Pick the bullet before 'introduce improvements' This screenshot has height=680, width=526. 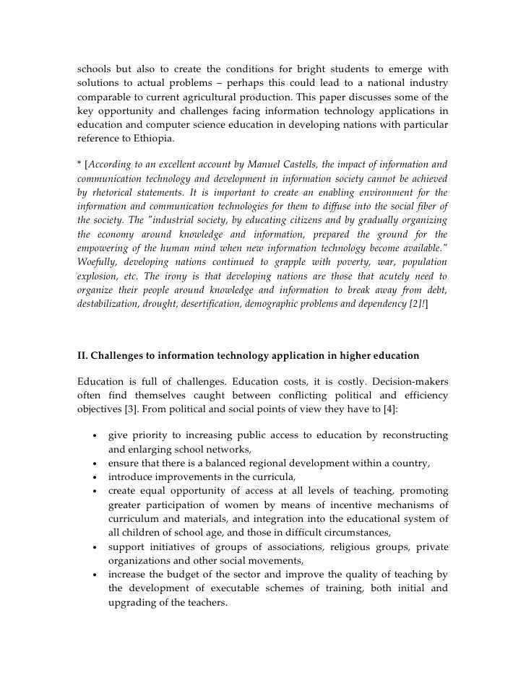95,477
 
